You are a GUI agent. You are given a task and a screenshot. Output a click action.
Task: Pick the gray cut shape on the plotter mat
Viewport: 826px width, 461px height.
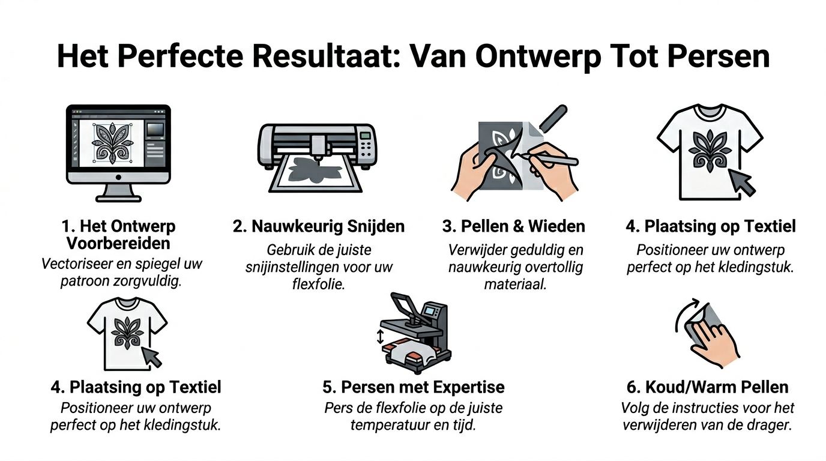(315, 170)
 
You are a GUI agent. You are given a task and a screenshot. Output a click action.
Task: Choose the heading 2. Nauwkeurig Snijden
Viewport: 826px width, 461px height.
(319, 226)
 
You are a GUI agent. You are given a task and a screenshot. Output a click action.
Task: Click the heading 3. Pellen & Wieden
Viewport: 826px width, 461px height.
(514, 226)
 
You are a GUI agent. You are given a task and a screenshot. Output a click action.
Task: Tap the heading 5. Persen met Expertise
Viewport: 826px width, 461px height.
(413, 387)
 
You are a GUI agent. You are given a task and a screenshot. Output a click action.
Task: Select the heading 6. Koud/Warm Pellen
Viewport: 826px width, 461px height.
(707, 387)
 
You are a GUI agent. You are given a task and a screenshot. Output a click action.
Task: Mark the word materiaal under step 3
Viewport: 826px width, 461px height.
(515, 283)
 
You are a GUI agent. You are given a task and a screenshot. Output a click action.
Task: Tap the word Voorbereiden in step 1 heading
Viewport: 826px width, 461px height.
(118, 243)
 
